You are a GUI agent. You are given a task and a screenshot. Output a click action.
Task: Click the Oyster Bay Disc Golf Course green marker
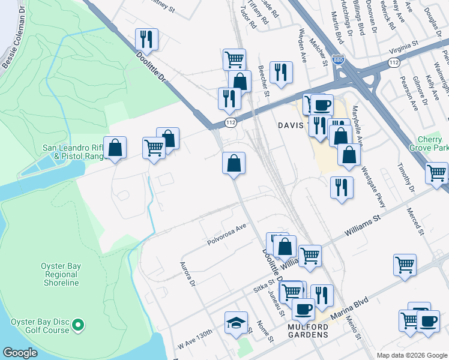pyautogui.click(x=77, y=326)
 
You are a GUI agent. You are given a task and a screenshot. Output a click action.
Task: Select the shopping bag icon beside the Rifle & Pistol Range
pyautogui.click(x=115, y=148)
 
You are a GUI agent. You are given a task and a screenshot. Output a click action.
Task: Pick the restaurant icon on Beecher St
pyautogui.click(x=280, y=72)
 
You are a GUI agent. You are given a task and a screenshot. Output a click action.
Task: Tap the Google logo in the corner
pyautogui.click(x=20, y=353)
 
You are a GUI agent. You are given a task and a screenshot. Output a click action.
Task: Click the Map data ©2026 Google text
pyautogui.click(x=411, y=355)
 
